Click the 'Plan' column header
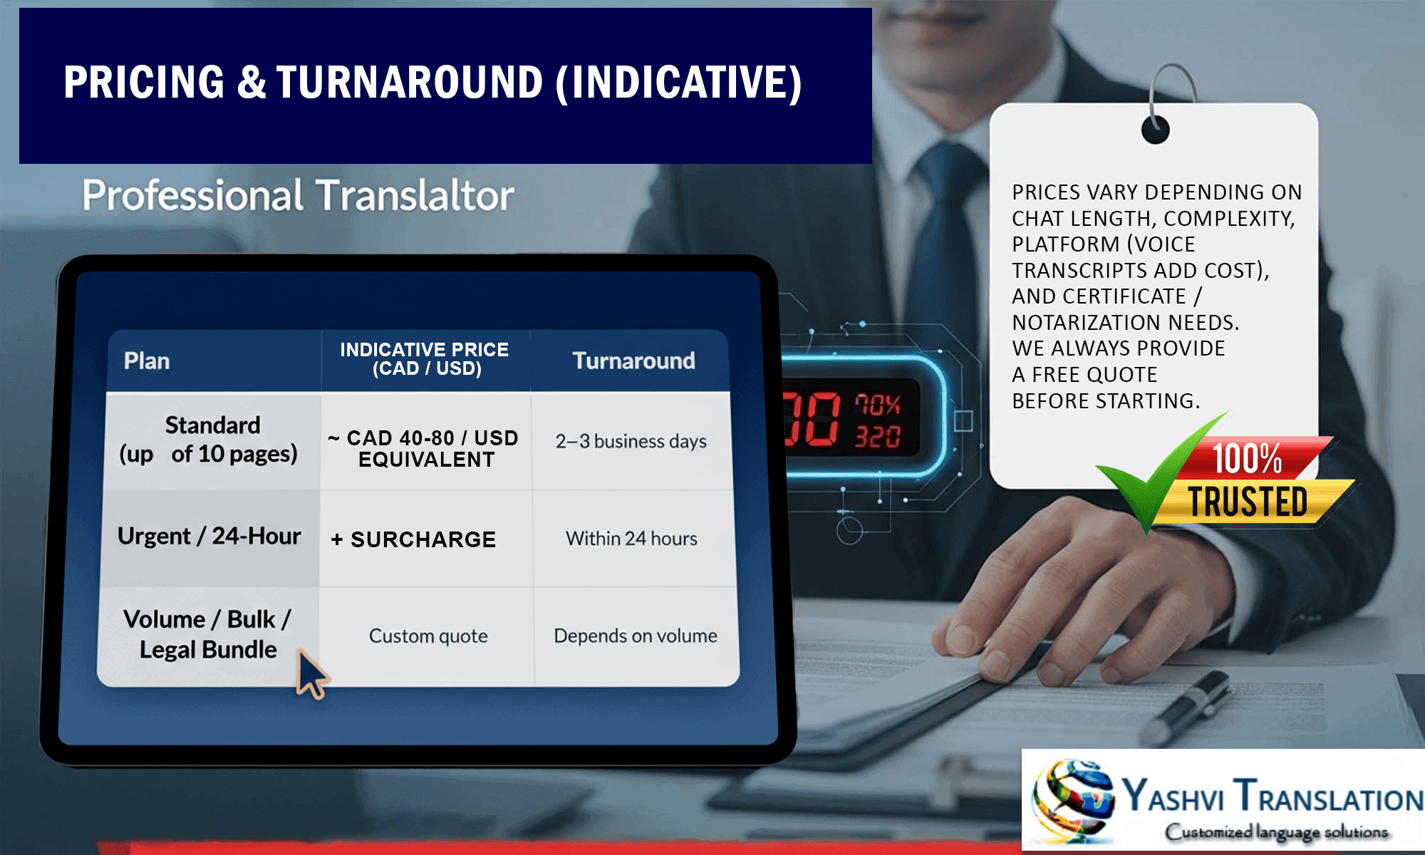point(147,361)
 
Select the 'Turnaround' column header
point(633,361)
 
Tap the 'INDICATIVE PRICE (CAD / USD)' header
point(425,359)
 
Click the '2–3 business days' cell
point(631,441)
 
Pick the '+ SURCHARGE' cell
point(413,539)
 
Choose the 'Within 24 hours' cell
point(631,539)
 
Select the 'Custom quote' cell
point(428,636)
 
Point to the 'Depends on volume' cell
point(636,636)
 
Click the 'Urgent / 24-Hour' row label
point(209,536)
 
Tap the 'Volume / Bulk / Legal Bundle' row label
point(207,634)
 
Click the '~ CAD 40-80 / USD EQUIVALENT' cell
point(423,448)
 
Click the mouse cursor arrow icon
point(311,674)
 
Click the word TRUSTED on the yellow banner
point(1248,502)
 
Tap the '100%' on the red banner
point(1247,458)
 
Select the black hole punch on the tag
point(1155,130)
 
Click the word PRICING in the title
point(144,82)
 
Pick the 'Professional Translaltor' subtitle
point(298,195)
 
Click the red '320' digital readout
point(878,436)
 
